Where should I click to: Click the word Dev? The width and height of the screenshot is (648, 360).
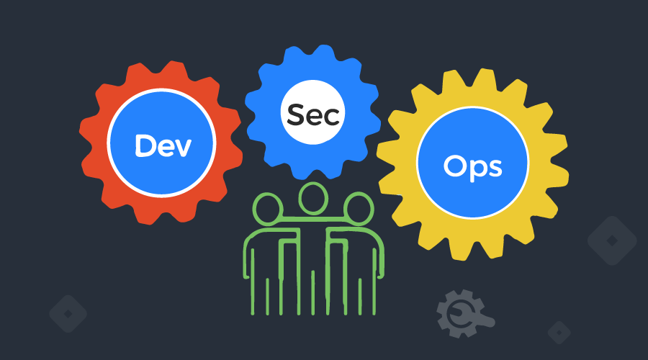pyautogui.click(x=162, y=145)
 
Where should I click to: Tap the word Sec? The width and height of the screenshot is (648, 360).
pyautogui.click(x=313, y=114)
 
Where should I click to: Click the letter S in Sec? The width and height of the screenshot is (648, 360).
pyautogui.click(x=296, y=114)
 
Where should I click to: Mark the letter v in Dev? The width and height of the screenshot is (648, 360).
pyautogui.click(x=182, y=148)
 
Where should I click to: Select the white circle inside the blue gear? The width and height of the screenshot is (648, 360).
pyautogui.click(x=312, y=114)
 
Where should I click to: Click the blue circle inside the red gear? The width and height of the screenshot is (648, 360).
pyautogui.click(x=162, y=145)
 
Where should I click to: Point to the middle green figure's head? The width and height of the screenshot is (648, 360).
pyautogui.click(x=312, y=199)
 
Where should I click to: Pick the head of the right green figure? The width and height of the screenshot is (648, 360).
pyautogui.click(x=356, y=210)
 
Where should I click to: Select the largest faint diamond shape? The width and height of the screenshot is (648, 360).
pyautogui.click(x=612, y=240)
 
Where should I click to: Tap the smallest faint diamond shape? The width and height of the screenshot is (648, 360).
pyautogui.click(x=559, y=332)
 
